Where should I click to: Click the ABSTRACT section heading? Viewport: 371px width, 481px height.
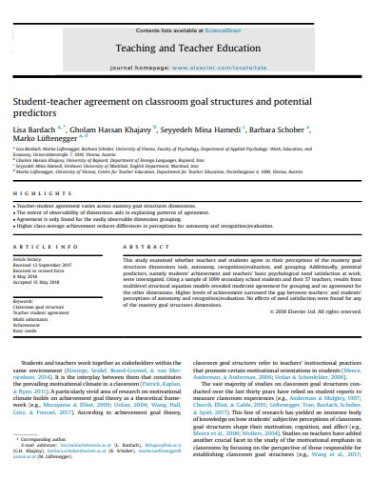click(141, 247)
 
